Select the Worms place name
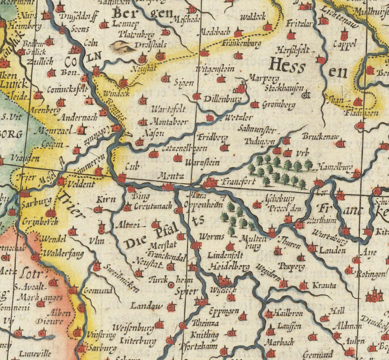click(212, 237)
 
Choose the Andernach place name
click(77, 117)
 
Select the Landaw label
click(147, 306)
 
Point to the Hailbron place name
click(289, 314)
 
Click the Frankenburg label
click(242, 44)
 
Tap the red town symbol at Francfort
click(210, 183)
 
